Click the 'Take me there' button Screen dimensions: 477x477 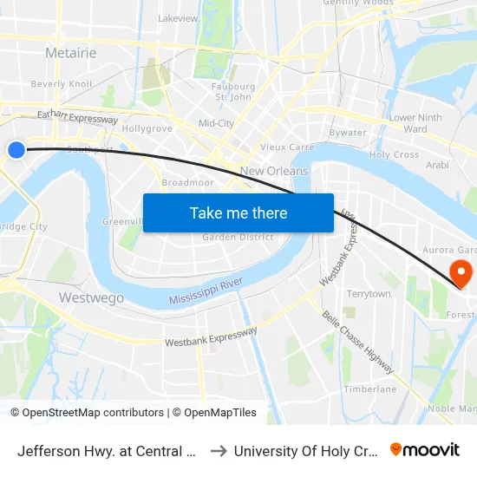[238, 212]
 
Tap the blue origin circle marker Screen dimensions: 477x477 [16, 150]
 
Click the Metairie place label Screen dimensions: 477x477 [71, 53]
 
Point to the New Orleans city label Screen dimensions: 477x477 [274, 171]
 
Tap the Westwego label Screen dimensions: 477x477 [91, 297]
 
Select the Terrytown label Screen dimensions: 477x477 [369, 294]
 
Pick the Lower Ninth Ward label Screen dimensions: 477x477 [415, 123]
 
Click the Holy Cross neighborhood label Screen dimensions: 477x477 [395, 154]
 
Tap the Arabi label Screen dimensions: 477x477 [437, 164]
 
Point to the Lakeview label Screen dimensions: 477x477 [178, 17]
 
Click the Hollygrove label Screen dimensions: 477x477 [147, 128]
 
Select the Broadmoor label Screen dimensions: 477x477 [187, 182]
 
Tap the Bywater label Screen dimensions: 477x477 [348, 133]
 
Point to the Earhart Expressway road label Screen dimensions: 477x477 [77, 116]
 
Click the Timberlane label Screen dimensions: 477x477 [370, 389]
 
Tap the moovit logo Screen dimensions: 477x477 [425, 449]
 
